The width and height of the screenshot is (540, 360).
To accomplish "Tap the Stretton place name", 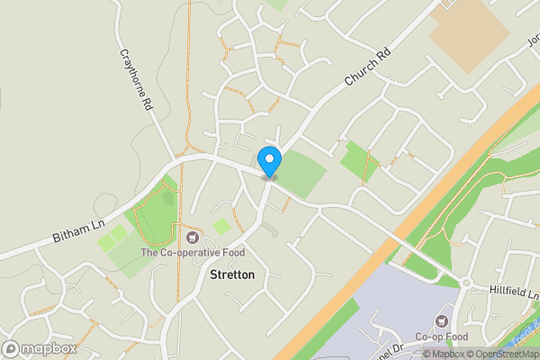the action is point(232,274).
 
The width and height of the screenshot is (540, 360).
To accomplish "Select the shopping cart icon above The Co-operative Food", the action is point(192,237).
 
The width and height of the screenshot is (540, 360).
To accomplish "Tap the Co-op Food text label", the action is point(441,337).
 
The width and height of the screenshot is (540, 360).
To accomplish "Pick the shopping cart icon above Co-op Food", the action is point(441,320).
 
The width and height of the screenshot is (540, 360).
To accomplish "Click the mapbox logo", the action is point(40,348).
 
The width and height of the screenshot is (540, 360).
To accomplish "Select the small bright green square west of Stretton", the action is point(221,226).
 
